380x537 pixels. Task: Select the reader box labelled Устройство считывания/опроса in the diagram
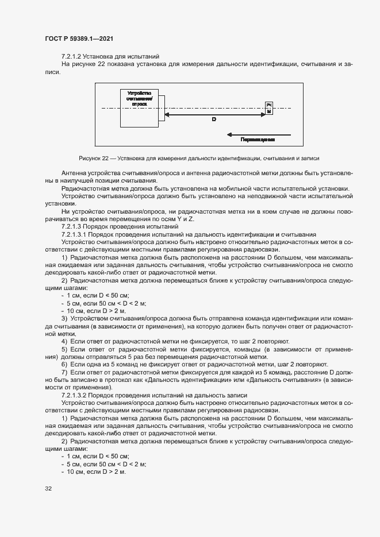(139, 107)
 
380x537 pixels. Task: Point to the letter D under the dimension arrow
(214, 119)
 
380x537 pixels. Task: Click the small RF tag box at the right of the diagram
(268, 108)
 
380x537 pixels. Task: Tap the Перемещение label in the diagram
(258, 140)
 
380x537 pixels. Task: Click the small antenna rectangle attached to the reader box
(161, 108)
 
